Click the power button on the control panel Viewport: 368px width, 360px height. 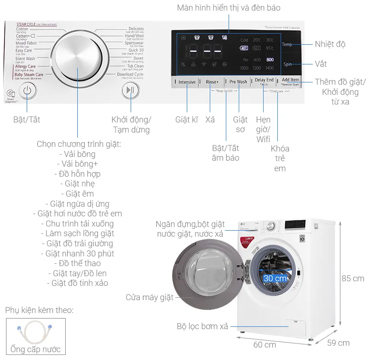click(27, 90)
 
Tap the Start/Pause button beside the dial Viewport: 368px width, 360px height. click(131, 90)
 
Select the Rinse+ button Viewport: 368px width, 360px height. click(212, 82)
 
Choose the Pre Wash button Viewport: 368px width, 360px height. click(238, 82)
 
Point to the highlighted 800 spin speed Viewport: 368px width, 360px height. click(270, 60)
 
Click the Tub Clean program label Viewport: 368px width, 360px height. click(135, 66)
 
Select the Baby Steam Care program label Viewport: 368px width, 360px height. click(29, 74)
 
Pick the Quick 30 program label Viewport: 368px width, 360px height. click(135, 51)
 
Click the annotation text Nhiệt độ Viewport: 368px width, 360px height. click(330, 44)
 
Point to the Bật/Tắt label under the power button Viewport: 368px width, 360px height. click(27, 120)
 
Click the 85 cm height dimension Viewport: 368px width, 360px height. click(352, 279)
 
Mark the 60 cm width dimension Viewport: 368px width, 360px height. click(264, 344)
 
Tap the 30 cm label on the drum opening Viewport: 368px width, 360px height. click(275, 279)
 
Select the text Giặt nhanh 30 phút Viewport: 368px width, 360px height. click(77, 253)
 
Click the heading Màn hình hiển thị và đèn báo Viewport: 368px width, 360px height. click(229, 8)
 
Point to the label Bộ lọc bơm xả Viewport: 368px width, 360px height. click(202, 326)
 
